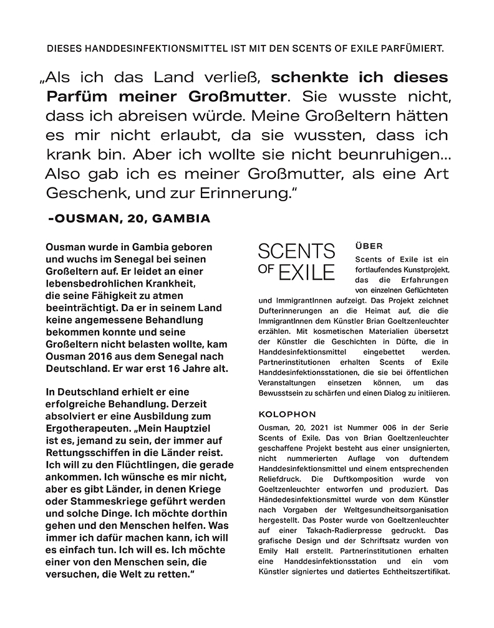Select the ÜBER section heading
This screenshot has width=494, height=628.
coord(369,247)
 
